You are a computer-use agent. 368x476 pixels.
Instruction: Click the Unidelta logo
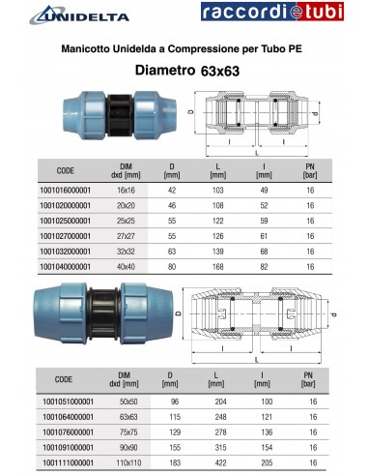68,15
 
